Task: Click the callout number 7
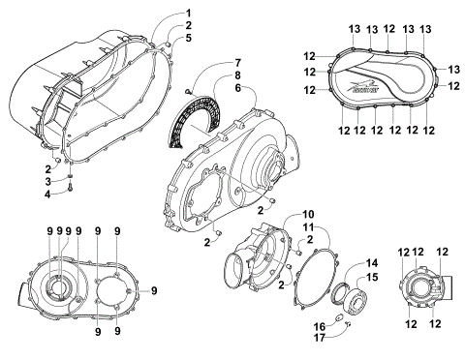click(x=234, y=64)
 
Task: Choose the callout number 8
click(x=234, y=75)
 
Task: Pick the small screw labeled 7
click(x=186, y=90)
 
